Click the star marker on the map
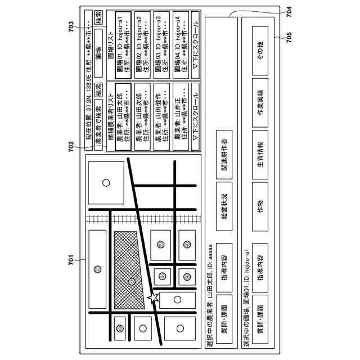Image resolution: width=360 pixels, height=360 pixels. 152,296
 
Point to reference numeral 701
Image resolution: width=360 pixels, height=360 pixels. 71,259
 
